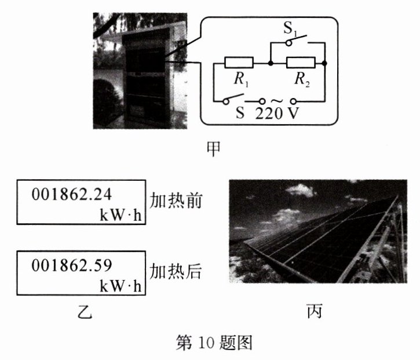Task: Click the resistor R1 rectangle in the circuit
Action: (x=239, y=63)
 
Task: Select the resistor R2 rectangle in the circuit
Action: (x=301, y=63)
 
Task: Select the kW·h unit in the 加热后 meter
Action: (x=120, y=286)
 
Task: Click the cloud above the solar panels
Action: (x=300, y=190)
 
